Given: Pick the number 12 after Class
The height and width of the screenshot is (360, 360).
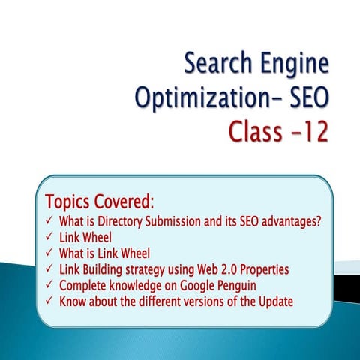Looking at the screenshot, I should [313, 133].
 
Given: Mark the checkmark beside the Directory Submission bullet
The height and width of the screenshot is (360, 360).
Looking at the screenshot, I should [49, 222].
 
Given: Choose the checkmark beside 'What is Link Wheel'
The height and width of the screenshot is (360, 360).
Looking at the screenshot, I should [49, 253].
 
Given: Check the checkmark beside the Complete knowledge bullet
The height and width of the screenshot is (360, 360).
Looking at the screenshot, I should [49, 285].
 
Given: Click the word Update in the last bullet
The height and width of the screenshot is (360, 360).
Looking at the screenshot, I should [273, 301].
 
